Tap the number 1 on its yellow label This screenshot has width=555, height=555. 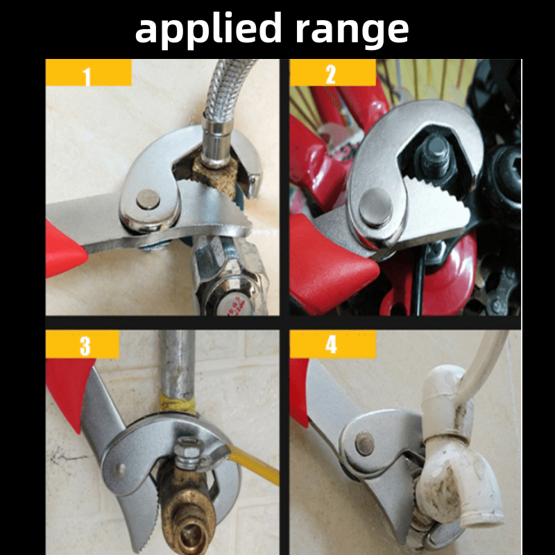[x=87, y=76]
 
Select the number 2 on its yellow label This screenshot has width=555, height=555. [x=331, y=74]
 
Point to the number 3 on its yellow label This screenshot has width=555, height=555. [x=85, y=345]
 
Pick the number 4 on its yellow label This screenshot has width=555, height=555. [x=331, y=344]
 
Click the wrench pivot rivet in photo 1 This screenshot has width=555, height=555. [x=148, y=199]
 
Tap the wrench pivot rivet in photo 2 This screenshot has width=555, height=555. [x=375, y=207]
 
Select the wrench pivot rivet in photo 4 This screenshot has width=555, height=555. [x=365, y=443]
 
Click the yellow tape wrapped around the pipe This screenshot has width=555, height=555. [x=178, y=404]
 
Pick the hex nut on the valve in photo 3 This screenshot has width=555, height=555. [x=188, y=453]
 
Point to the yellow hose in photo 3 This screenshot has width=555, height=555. [x=254, y=463]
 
